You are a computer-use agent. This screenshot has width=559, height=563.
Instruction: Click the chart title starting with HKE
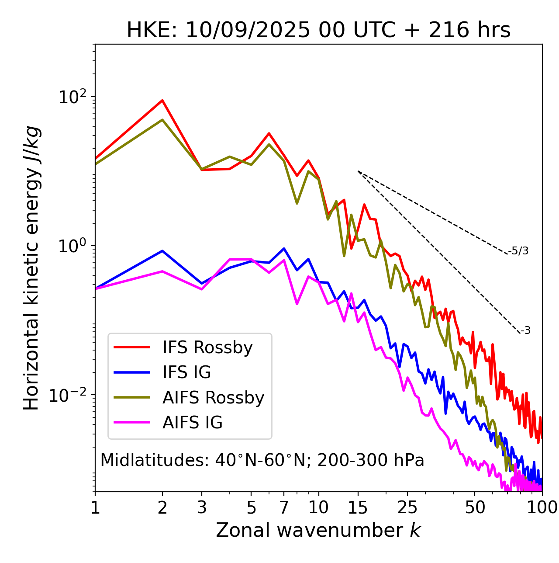point(318,31)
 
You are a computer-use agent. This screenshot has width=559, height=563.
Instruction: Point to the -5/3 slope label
point(518,251)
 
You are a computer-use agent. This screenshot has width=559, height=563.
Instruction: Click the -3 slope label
point(525,331)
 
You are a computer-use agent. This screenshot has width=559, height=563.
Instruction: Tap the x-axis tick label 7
point(284,507)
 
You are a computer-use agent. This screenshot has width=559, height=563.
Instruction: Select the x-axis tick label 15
point(358,507)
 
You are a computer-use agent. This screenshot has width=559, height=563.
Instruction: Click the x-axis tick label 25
point(407,507)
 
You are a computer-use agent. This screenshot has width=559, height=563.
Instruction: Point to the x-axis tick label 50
point(475,507)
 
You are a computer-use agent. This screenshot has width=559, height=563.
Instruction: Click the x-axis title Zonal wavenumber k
point(318,530)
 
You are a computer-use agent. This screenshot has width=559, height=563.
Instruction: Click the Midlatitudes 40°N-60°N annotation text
point(262,460)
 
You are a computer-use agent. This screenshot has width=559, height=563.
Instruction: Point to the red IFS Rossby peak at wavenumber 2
point(162,101)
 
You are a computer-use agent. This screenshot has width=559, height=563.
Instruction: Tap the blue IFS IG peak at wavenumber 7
point(284,249)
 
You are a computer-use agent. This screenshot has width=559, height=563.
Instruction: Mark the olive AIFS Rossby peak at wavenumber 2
point(162,120)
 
